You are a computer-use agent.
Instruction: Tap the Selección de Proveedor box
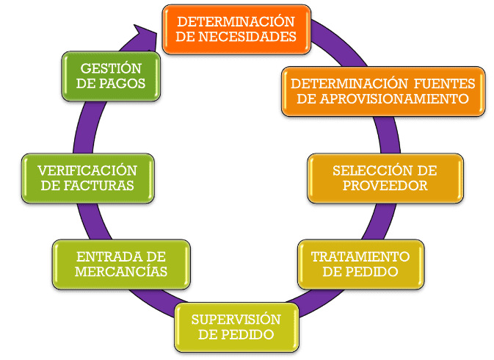pyautogui.click(x=384, y=178)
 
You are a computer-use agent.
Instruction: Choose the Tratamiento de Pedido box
pyautogui.click(x=359, y=264)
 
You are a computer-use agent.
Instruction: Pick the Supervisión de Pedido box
pyautogui.click(x=236, y=326)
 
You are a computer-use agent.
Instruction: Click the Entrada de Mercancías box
pyautogui.click(x=121, y=264)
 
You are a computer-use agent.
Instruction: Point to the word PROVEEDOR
pyautogui.click(x=384, y=186)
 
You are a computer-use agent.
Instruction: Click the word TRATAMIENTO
pyautogui.click(x=359, y=256)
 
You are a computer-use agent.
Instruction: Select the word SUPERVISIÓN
pyautogui.click(x=236, y=319)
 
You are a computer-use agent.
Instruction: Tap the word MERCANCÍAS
pyautogui.click(x=121, y=272)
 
